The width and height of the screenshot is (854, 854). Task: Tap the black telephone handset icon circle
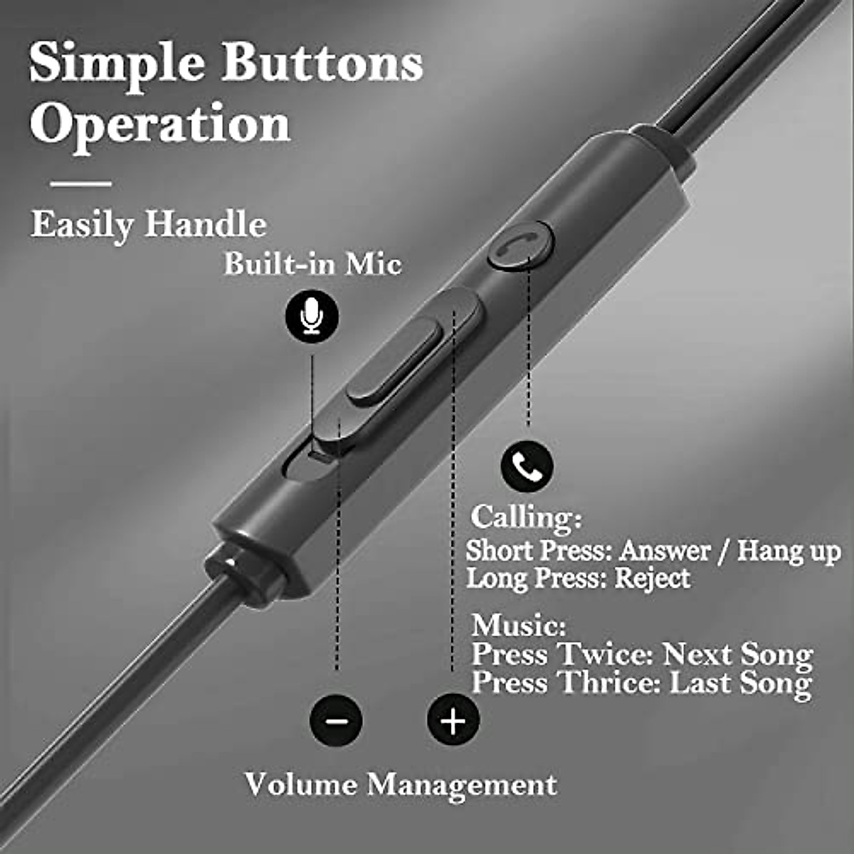(x=527, y=466)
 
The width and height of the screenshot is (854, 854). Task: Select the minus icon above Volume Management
(x=336, y=719)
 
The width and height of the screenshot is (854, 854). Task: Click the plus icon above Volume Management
(x=453, y=719)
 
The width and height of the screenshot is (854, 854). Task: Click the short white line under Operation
(x=81, y=184)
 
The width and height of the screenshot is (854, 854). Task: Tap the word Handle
(x=205, y=225)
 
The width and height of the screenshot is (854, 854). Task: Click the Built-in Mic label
(x=312, y=264)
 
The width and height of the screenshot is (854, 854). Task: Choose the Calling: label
(x=526, y=517)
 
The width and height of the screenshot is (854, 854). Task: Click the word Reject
(x=652, y=578)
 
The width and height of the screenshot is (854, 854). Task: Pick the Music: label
(x=518, y=626)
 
